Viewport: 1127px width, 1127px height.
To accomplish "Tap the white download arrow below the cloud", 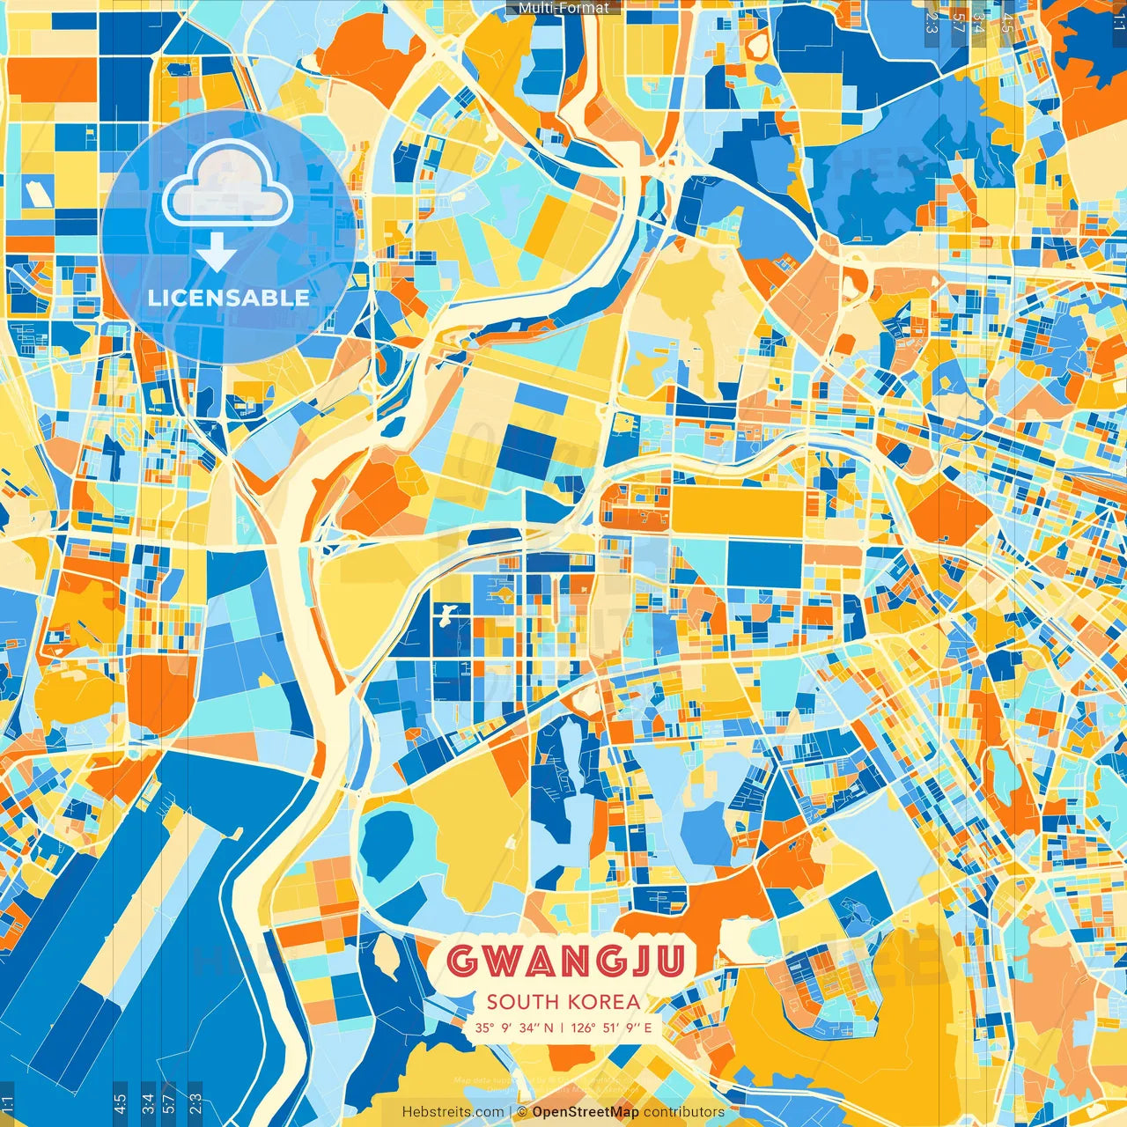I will (x=217, y=254).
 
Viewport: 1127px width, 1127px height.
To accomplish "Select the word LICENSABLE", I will (x=229, y=298).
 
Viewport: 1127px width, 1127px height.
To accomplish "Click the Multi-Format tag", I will (x=563, y=8).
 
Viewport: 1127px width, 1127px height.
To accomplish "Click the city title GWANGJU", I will (x=565, y=961).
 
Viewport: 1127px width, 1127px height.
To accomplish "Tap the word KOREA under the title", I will (x=604, y=1002).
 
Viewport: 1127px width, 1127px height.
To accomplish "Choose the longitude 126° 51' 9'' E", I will (x=612, y=1028).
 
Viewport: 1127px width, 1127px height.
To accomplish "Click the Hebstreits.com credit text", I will (x=453, y=1112).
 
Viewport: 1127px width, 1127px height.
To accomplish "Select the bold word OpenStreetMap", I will (x=586, y=1112).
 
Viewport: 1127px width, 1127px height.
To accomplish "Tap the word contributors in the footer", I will (x=684, y=1112).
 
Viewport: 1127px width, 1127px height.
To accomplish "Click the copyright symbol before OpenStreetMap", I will (x=520, y=1112).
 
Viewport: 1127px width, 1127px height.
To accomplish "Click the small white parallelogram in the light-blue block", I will (x=35, y=192).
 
